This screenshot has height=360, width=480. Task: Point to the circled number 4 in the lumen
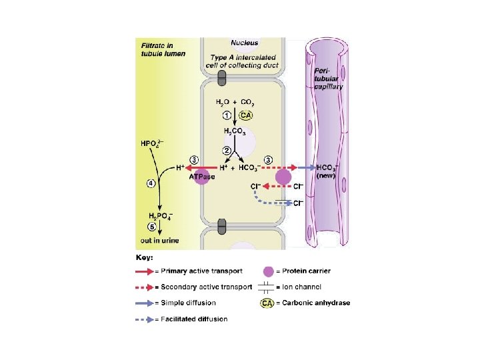(x=151, y=184)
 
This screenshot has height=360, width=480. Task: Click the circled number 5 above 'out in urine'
(x=151, y=226)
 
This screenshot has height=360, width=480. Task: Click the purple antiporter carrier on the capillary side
(x=283, y=177)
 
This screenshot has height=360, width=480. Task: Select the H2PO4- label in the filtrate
(x=162, y=215)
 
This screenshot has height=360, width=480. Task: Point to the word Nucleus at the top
(x=245, y=43)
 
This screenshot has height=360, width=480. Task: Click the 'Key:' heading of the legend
(x=145, y=257)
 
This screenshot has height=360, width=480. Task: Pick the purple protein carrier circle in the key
(x=268, y=271)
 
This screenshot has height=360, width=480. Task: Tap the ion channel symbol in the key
(x=268, y=287)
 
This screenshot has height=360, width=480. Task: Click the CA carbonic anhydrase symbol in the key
(x=268, y=303)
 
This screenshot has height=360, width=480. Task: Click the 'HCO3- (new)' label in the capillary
(x=327, y=171)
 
